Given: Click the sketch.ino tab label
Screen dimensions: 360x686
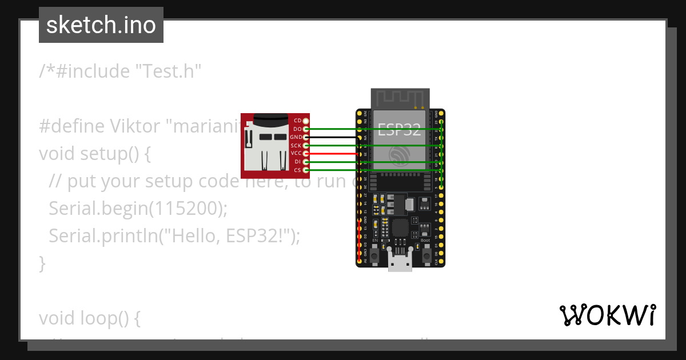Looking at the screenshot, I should [x=101, y=25].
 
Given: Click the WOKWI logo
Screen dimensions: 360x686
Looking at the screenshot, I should [x=607, y=315].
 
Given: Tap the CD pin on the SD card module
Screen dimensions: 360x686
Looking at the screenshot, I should [x=306, y=121].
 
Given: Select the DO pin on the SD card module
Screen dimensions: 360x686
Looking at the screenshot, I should [x=306, y=129].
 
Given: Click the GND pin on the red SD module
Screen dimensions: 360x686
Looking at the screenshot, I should [x=306, y=137].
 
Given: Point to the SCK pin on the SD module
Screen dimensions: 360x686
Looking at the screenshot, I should [x=306, y=146].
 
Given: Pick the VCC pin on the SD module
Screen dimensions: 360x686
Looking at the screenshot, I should [x=306, y=154].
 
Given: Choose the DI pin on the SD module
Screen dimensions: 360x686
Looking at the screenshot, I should [x=306, y=162].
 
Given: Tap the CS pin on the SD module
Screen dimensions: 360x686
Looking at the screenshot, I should [x=306, y=170].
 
